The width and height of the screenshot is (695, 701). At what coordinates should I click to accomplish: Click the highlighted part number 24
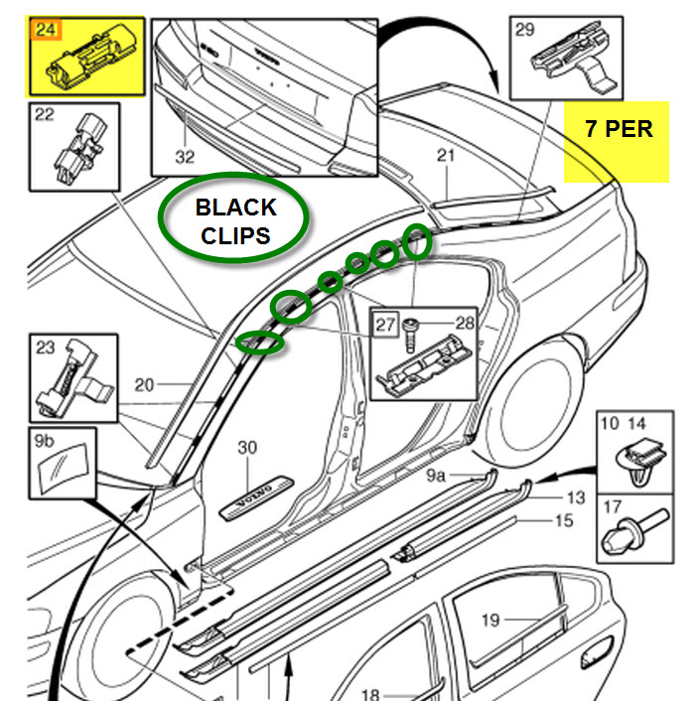[x=45, y=29]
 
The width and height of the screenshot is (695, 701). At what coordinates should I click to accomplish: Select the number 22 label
[x=45, y=115]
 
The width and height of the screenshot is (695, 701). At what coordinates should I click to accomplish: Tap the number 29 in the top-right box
[x=524, y=29]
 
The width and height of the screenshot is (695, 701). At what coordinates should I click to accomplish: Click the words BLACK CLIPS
[x=235, y=220]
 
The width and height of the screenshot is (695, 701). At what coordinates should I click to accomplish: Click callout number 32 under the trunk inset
[x=186, y=156]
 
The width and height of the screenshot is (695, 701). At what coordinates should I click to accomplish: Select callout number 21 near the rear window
[x=446, y=155]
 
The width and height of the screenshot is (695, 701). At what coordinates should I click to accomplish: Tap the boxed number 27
[x=384, y=323]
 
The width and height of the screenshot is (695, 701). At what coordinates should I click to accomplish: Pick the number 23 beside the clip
[x=46, y=349]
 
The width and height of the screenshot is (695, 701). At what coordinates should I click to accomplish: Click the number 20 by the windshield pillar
[x=146, y=385]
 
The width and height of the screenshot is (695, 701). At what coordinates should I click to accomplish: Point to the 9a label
[x=437, y=477]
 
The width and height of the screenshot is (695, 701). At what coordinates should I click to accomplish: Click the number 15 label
[x=564, y=518]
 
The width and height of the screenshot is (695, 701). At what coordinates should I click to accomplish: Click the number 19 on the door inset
[x=489, y=622]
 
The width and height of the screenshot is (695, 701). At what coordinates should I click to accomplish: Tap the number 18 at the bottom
[x=369, y=694]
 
